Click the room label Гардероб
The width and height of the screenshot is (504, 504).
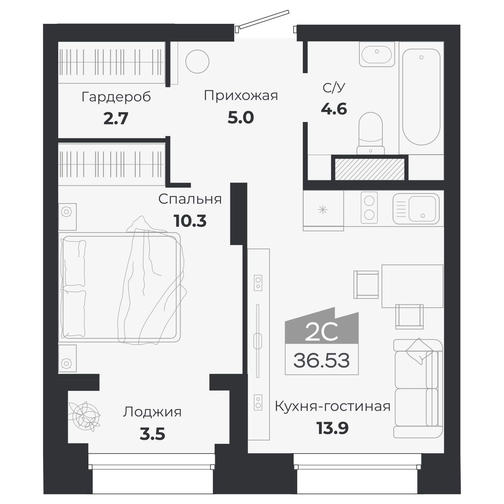[116, 97]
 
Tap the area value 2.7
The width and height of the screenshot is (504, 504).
[115, 119]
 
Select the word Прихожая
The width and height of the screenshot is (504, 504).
[241, 96]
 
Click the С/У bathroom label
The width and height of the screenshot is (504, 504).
[334, 88]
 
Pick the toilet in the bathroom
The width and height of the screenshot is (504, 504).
[371, 132]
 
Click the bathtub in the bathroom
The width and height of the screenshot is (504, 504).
[421, 97]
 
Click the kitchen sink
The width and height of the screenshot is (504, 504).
[416, 208]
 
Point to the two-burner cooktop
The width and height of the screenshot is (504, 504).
[369, 207]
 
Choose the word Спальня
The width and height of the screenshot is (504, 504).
[190, 199]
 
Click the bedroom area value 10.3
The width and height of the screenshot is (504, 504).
[190, 221]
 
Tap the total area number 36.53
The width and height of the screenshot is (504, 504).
[321, 360]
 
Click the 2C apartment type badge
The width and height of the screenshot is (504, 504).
[321, 332]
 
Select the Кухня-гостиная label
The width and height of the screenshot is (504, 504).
[332, 406]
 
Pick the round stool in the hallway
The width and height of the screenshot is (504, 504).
[197, 61]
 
